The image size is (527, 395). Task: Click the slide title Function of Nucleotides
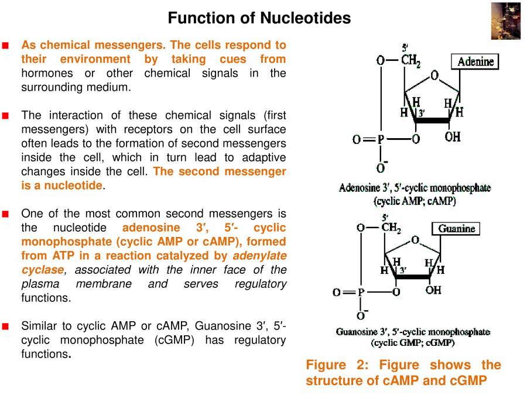(259, 18)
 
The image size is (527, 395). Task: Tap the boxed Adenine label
(475, 61)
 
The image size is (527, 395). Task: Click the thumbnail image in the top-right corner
(505, 20)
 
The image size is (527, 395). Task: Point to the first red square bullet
(6, 45)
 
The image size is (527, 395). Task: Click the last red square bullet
(6, 326)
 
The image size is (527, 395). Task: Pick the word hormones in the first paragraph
(47, 73)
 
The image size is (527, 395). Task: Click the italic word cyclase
(42, 270)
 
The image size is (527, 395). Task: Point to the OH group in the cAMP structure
(452, 137)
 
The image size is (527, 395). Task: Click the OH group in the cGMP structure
(433, 290)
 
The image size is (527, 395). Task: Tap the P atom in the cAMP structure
(381, 139)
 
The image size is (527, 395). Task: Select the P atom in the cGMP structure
(361, 291)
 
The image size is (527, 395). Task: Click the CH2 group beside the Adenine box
(410, 60)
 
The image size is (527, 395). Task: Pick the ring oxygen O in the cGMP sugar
(415, 240)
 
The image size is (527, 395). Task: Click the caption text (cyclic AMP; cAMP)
(415, 200)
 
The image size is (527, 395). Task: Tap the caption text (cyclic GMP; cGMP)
(413, 342)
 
